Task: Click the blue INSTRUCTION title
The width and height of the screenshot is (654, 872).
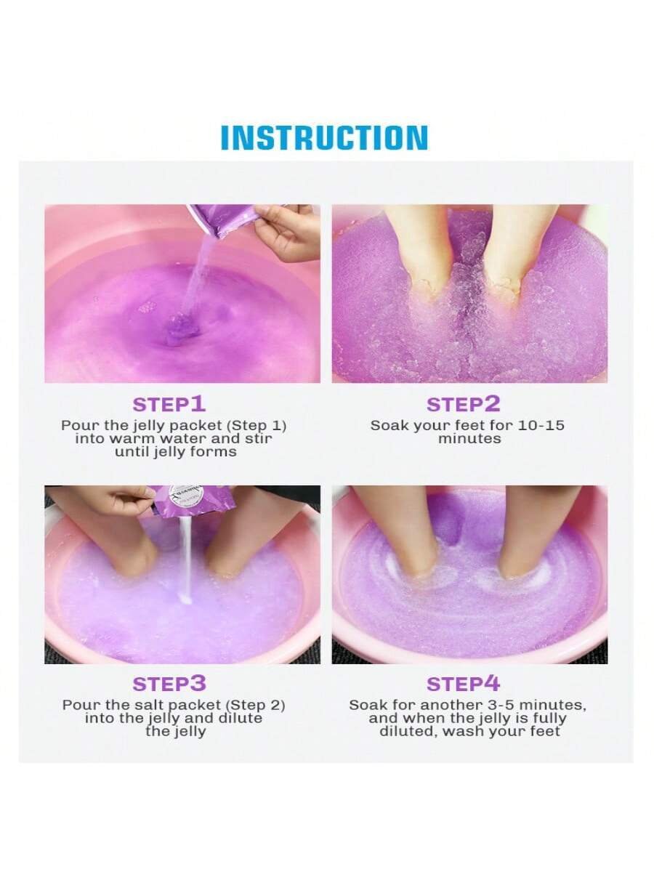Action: [x=324, y=137]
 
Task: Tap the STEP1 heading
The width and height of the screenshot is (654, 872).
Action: [x=169, y=404]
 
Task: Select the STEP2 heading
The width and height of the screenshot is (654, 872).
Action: [x=463, y=404]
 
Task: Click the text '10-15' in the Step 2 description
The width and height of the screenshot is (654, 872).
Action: [x=541, y=426]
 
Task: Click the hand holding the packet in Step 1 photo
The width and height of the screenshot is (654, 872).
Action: [x=288, y=233]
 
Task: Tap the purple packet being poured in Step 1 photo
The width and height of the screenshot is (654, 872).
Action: [x=228, y=219]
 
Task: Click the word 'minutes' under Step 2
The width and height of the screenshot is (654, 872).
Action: [x=469, y=439]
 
